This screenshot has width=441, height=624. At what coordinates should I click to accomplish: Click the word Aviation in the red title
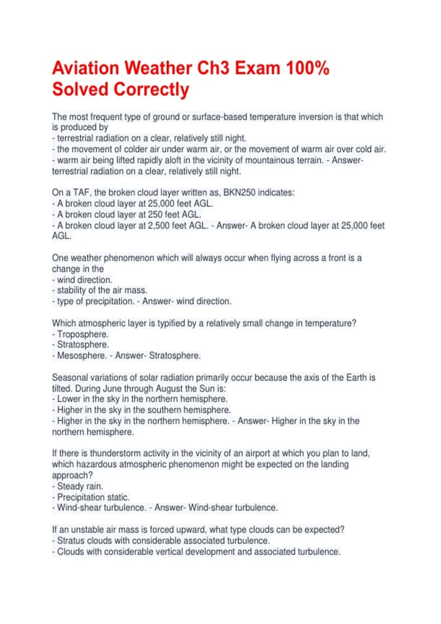pyautogui.click(x=86, y=68)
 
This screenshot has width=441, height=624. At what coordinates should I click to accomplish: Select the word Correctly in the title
pyautogui.click(x=151, y=90)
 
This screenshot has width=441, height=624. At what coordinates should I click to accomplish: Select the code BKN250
pyautogui.click(x=239, y=193)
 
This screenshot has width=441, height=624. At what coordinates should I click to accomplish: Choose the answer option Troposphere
pyautogui.click(x=83, y=334)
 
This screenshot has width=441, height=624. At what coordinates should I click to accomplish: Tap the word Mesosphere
pyautogui.click(x=82, y=356)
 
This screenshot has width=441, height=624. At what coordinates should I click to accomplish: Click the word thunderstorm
pyautogui.click(x=115, y=453)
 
